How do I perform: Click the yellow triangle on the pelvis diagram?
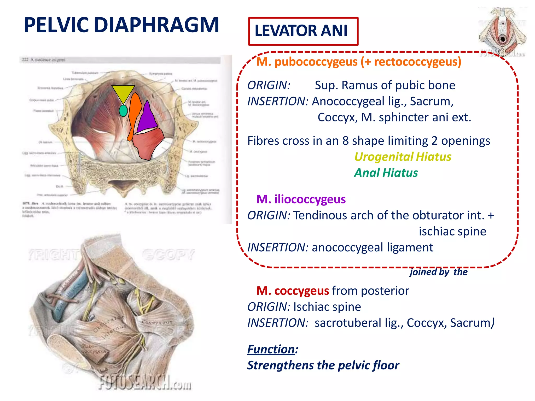point(123,92)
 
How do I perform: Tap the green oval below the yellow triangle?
point(123,111)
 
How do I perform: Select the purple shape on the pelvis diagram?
point(147,117)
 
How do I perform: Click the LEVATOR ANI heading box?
point(303,31)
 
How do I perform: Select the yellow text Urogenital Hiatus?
point(403,157)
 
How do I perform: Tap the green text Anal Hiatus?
point(386,173)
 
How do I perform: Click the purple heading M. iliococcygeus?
point(301,199)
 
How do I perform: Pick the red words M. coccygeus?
point(293,291)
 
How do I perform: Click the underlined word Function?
point(271,349)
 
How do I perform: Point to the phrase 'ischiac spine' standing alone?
point(452,231)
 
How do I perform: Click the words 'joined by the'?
point(439,272)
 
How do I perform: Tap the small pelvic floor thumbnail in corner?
point(502,31)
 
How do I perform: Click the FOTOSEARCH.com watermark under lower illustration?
point(145,383)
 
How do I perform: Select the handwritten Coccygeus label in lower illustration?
point(157,322)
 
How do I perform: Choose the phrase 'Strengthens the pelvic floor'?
point(323,365)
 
